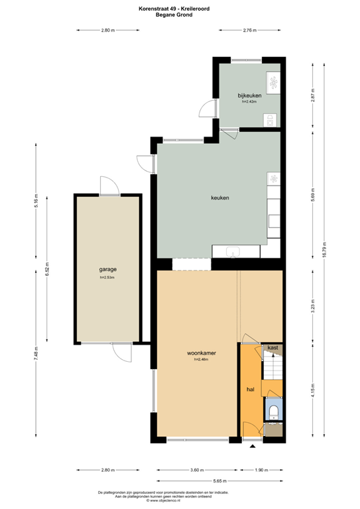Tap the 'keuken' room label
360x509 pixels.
pyautogui.click(x=220, y=198)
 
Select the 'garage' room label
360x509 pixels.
pyautogui.click(x=108, y=270)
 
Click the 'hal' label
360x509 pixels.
pyautogui.click(x=251, y=390)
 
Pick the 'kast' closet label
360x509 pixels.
pyautogui.click(x=272, y=347)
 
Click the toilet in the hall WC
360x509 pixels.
pyautogui.click(x=273, y=412)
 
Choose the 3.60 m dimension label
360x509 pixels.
pyautogui.click(x=196, y=470)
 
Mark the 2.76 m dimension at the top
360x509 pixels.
pyautogui.click(x=250, y=30)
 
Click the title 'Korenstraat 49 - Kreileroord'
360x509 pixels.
pyautogui.click(x=180, y=8)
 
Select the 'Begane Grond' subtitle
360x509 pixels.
pyautogui.click(x=180, y=14)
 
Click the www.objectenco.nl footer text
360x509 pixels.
pyautogui.click(x=180, y=501)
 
